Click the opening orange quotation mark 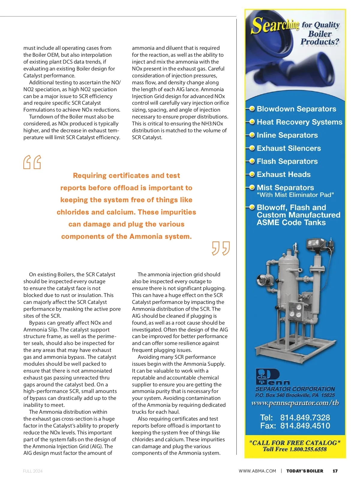[x=32, y=162]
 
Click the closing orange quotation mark [x=221, y=248]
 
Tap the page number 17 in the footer [x=335, y=471]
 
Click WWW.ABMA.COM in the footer [x=257, y=471]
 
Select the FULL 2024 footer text [x=33, y=471]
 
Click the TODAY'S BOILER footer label [x=304, y=471]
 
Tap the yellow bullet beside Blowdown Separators [x=252, y=109]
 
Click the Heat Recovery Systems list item [x=299, y=122]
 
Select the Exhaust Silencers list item [x=289, y=148]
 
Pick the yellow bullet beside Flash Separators [x=252, y=161]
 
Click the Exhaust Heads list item [x=283, y=174]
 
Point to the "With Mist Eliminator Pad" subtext [x=295, y=195]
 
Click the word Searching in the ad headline [x=275, y=25]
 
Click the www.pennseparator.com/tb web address [x=295, y=403]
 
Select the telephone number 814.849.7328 [x=305, y=418]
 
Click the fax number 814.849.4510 [x=305, y=426]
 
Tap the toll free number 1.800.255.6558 [x=308, y=449]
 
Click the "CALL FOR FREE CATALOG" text [x=295, y=443]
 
